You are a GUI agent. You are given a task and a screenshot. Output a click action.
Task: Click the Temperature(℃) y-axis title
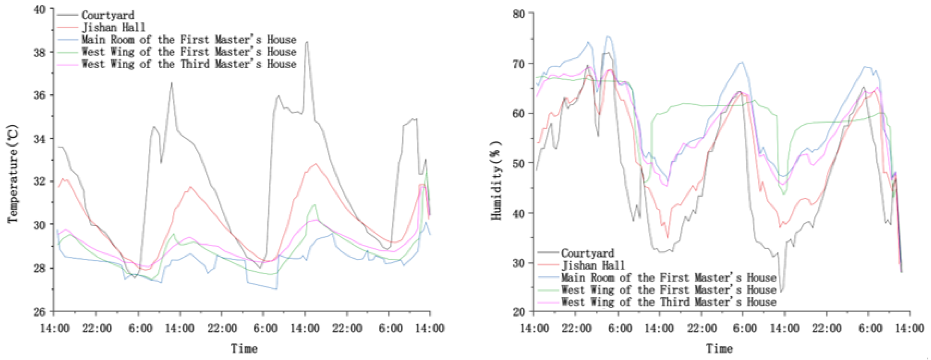13,174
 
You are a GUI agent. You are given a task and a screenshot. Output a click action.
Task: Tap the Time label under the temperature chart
244,349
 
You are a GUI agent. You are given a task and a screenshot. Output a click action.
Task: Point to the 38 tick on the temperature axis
40,52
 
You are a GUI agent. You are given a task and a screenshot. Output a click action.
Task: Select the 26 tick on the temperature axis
40,312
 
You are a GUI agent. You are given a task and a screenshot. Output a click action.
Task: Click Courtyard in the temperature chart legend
108,15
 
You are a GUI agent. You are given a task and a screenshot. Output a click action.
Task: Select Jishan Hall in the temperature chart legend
113,28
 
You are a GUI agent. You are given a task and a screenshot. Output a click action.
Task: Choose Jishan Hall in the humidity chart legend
593,266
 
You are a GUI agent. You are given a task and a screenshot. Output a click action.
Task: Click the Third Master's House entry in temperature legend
189,64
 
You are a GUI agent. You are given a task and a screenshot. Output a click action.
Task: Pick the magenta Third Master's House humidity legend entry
668,302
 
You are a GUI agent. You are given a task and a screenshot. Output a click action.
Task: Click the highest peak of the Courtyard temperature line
307,42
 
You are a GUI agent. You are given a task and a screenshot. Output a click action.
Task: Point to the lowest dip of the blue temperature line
276,289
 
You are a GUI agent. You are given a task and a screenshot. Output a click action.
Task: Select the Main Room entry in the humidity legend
668,277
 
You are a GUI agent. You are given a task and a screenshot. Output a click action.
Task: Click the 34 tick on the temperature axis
40,139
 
